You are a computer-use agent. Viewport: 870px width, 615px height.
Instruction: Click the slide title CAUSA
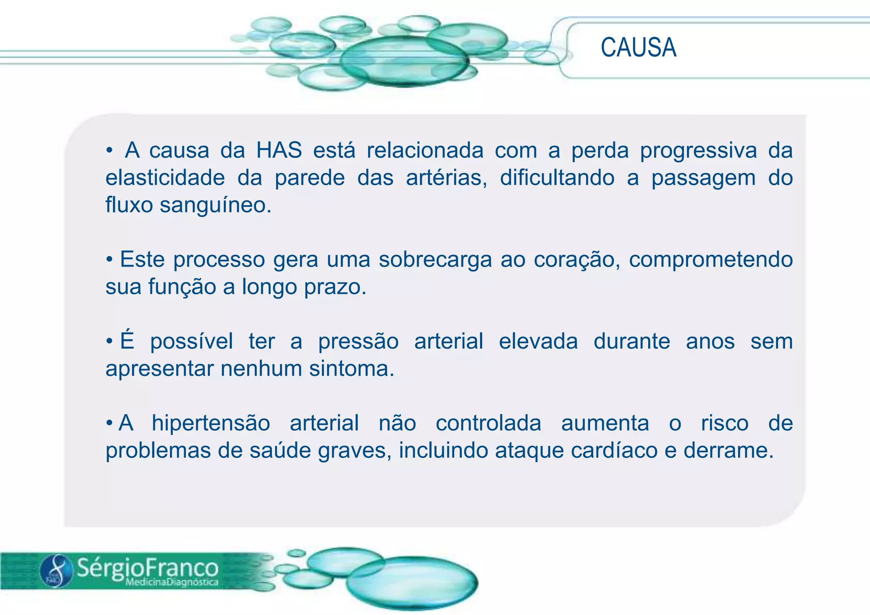638,48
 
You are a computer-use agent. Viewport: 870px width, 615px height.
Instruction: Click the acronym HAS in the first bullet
279,151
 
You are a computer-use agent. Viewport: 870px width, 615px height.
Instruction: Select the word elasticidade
165,178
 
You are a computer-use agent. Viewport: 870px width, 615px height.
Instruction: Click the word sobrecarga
435,260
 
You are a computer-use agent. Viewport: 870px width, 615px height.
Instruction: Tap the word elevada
538,341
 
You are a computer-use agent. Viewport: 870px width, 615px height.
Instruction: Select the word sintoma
351,369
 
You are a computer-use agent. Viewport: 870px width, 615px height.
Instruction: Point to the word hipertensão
211,423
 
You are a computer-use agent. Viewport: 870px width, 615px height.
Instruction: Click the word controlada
488,423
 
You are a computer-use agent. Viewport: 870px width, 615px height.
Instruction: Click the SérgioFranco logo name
147,567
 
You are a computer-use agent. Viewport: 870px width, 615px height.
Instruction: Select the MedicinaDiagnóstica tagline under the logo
172,582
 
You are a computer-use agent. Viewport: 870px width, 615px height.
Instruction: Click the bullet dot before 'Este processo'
110,260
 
